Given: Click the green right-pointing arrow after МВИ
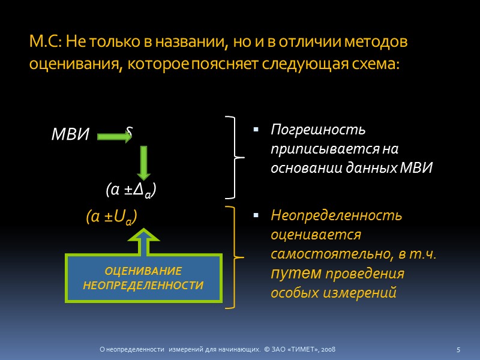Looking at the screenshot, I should (x=114, y=137).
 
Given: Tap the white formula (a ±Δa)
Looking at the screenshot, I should (x=131, y=190).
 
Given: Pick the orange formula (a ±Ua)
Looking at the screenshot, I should (x=112, y=218).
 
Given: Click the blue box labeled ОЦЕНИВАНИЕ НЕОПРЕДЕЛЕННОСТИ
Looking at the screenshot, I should (x=143, y=278).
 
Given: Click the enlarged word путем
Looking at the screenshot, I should (x=292, y=273).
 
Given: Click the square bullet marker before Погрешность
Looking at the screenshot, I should (x=256, y=130).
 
